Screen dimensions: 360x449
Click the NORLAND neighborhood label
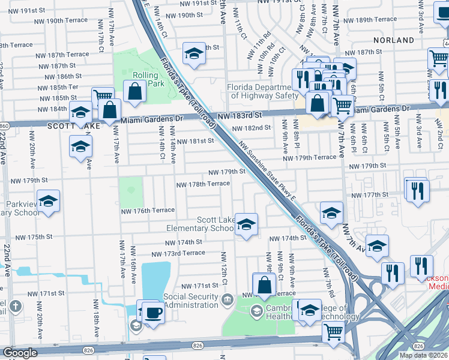point(393,40)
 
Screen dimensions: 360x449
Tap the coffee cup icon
point(153,314)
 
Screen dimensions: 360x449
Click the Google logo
point(20,353)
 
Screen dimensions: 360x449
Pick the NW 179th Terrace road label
point(310,157)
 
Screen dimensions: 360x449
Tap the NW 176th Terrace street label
point(148,210)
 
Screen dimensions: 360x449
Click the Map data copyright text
point(423,355)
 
